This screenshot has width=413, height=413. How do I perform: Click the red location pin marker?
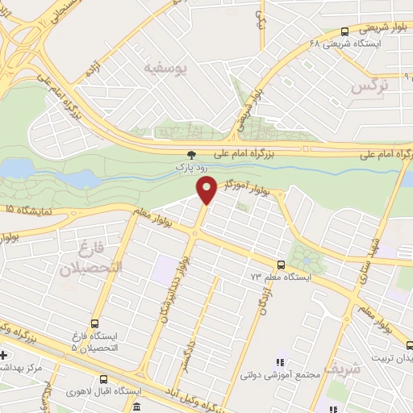[x=206, y=190]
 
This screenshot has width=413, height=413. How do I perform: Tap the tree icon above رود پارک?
[x=191, y=153]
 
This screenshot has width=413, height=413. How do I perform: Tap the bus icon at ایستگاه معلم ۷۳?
[x=281, y=265]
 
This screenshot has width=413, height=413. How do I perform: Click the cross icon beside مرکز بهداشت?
[x=4, y=355]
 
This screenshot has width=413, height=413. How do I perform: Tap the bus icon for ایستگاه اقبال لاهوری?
[x=103, y=379]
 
